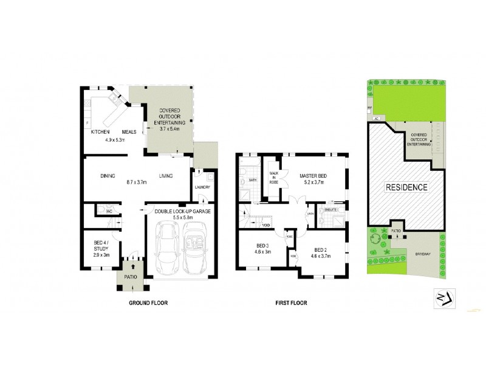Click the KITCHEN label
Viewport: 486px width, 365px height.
click(100, 132)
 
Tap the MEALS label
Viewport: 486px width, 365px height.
click(129, 132)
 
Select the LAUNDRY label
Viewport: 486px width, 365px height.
click(202, 187)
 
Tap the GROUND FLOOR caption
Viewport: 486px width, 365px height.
click(148, 302)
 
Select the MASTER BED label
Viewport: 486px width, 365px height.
click(312, 176)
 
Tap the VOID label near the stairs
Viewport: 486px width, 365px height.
click(265, 225)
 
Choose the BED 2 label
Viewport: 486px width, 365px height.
click(321, 249)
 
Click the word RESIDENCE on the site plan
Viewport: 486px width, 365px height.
click(406, 187)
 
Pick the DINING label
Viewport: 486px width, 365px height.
click(108, 176)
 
